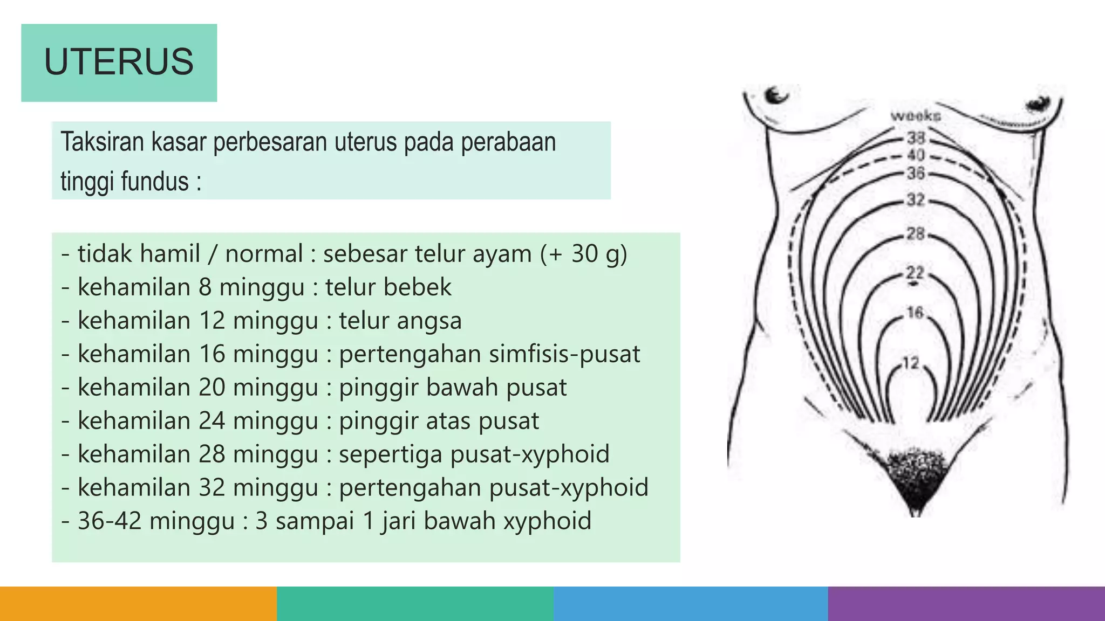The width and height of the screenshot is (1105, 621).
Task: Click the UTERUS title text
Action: [119, 62]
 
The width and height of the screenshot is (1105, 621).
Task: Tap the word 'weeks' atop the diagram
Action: [916, 116]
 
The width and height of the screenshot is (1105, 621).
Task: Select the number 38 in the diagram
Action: [916, 138]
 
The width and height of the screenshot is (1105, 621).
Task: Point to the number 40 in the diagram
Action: [916, 155]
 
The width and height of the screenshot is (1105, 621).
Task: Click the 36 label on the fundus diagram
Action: [916, 174]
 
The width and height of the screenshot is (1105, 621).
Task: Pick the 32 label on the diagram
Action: [916, 200]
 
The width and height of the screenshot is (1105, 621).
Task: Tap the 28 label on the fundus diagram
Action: [916, 234]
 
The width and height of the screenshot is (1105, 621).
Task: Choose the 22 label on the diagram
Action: [915, 273]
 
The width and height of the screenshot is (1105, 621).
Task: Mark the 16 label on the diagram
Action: [915, 312]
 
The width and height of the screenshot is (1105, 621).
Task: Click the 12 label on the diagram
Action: [911, 363]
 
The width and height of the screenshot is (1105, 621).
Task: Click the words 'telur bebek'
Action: [388, 287]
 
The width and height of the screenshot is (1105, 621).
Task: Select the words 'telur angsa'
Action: [400, 321]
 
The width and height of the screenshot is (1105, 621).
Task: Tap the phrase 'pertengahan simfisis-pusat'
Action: [489, 354]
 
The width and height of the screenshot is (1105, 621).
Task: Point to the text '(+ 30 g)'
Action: [584, 254]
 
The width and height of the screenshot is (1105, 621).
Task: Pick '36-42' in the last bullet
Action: [110, 521]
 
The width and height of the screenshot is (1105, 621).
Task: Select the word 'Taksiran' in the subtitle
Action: [102, 142]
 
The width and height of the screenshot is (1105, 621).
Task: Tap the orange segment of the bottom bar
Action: [138, 604]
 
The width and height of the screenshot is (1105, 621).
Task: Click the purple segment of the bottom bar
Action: [966, 604]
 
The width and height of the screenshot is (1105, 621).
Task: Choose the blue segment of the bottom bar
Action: [691, 604]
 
